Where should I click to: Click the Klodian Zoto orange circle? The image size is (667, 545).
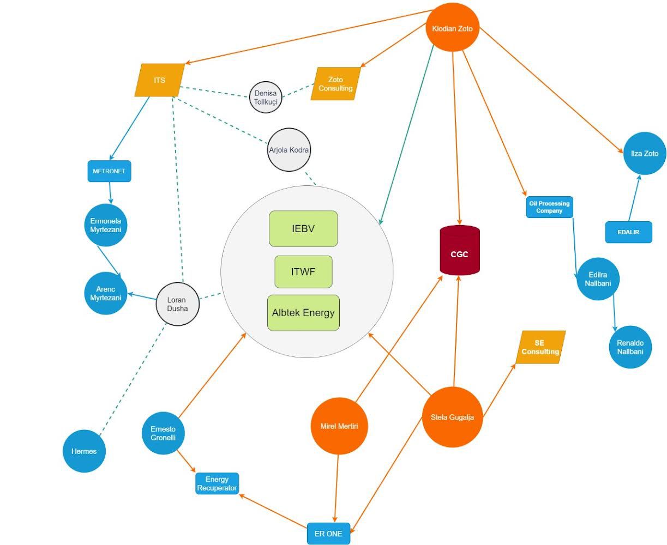(x=452, y=28)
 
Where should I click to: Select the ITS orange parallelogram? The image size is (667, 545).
(x=159, y=80)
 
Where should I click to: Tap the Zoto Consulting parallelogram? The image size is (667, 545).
(x=335, y=84)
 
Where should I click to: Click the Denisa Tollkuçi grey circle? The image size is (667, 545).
(x=266, y=98)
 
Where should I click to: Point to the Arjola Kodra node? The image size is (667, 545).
(x=289, y=149)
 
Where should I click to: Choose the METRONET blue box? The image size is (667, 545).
(x=109, y=171)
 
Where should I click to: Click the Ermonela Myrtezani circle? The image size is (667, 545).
(x=106, y=225)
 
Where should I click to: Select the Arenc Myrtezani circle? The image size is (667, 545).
(x=106, y=294)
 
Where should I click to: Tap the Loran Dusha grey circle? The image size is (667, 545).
(x=177, y=304)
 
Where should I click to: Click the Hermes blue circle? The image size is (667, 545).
(x=84, y=451)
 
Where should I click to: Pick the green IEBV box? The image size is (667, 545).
(x=303, y=228)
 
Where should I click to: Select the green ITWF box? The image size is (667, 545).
(x=303, y=271)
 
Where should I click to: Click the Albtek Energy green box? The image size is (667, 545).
(x=303, y=313)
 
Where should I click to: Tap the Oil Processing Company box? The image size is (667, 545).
(x=549, y=207)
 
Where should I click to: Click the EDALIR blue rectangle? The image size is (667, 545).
(x=628, y=232)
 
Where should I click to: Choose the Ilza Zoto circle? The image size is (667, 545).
(x=645, y=154)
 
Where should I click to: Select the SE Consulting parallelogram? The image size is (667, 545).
(x=540, y=347)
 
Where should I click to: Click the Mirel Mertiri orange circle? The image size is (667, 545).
(x=339, y=426)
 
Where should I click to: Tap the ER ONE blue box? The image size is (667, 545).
(x=328, y=534)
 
